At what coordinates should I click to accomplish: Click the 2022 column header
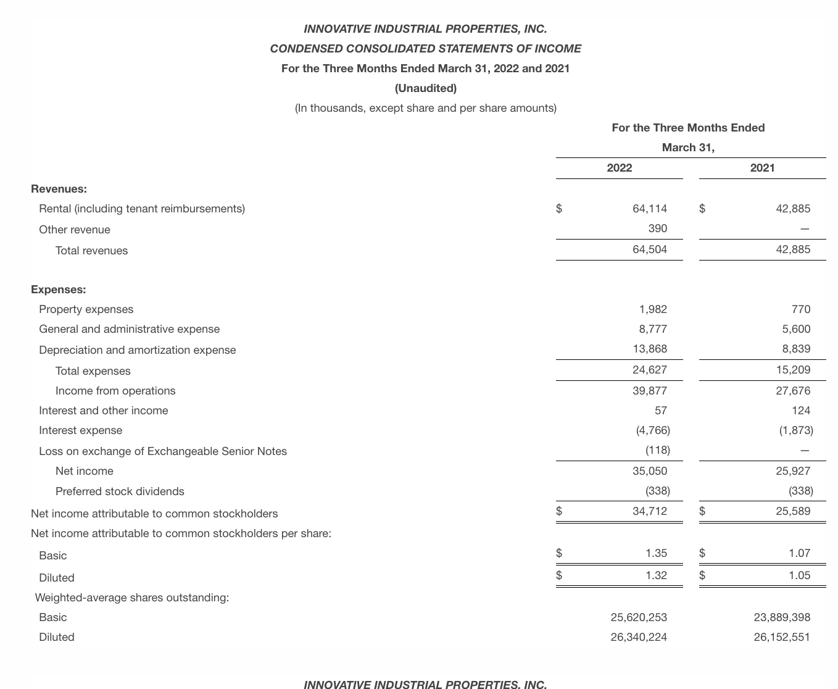click(x=619, y=168)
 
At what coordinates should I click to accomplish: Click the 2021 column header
click(x=762, y=168)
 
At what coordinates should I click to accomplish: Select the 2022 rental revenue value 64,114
click(x=650, y=209)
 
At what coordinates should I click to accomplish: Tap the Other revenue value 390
click(x=657, y=228)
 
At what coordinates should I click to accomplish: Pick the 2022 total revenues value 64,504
click(x=650, y=249)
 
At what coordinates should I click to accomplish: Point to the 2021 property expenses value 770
click(x=800, y=309)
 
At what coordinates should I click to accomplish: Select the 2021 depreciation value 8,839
click(x=796, y=349)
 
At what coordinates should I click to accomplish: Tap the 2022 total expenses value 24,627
click(x=650, y=370)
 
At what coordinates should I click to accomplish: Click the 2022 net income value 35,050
click(x=650, y=471)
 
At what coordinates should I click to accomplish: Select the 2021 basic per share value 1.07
click(x=799, y=553)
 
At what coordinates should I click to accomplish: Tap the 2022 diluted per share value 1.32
click(x=656, y=575)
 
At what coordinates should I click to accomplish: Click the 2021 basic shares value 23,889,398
click(x=782, y=617)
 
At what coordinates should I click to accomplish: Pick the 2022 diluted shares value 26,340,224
click(x=639, y=637)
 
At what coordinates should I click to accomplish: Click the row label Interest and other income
click(x=103, y=411)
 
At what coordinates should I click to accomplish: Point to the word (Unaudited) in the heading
click(x=425, y=88)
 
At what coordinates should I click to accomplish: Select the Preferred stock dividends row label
click(x=120, y=491)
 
